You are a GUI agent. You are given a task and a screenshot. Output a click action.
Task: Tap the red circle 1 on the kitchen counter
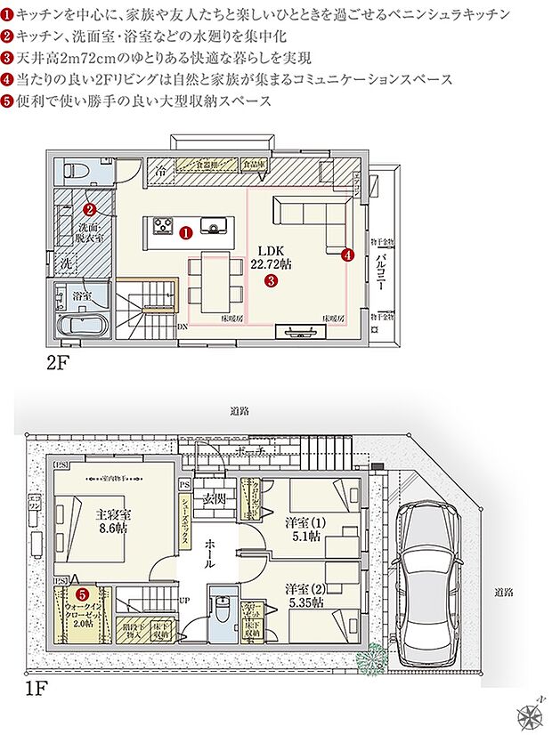pyautogui.click(x=185, y=232)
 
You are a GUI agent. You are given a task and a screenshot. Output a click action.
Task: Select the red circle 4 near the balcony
pyautogui.click(x=347, y=254)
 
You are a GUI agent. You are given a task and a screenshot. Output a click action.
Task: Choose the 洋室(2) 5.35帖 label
pyautogui.click(x=304, y=596)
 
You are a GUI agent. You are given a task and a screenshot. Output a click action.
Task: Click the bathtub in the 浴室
pyautogui.click(x=81, y=324)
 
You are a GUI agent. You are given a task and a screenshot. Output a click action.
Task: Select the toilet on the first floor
pyautogui.click(x=221, y=613)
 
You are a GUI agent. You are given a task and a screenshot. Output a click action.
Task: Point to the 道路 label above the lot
pyautogui.click(x=239, y=411)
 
